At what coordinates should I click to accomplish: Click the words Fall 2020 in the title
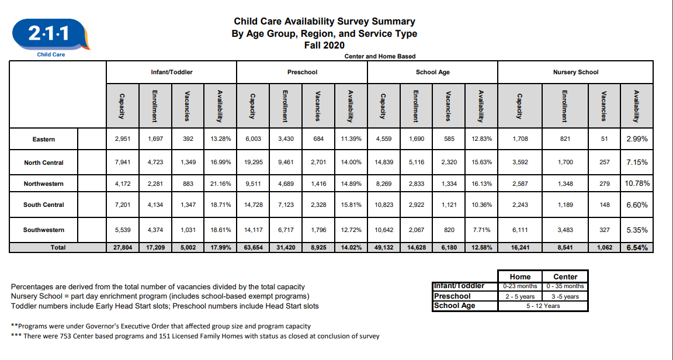pos(324,45)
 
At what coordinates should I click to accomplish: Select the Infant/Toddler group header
pos(171,72)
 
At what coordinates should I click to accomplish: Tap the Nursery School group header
pos(575,72)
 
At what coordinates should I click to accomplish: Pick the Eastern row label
pos(44,139)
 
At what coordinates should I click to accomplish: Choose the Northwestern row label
pos(44,184)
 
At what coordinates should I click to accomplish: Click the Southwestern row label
pos(44,230)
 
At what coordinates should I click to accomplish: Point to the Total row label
pos(58,248)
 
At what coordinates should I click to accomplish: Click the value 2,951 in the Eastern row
pos(122,139)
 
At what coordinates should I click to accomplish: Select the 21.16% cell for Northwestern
pos(220,184)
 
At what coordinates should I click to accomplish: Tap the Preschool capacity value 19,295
pos(253,162)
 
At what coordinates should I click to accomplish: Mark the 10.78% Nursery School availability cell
pos(637,184)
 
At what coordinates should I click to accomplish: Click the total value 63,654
pos(253,248)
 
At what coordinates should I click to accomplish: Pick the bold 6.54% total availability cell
pos(637,248)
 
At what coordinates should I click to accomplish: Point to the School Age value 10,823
pos(383,205)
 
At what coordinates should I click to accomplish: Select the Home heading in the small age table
pos(520,276)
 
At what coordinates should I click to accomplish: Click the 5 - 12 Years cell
pos(543,305)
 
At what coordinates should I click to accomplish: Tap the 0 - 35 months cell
pos(565,286)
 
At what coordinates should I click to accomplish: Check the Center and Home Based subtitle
pos(380,56)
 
